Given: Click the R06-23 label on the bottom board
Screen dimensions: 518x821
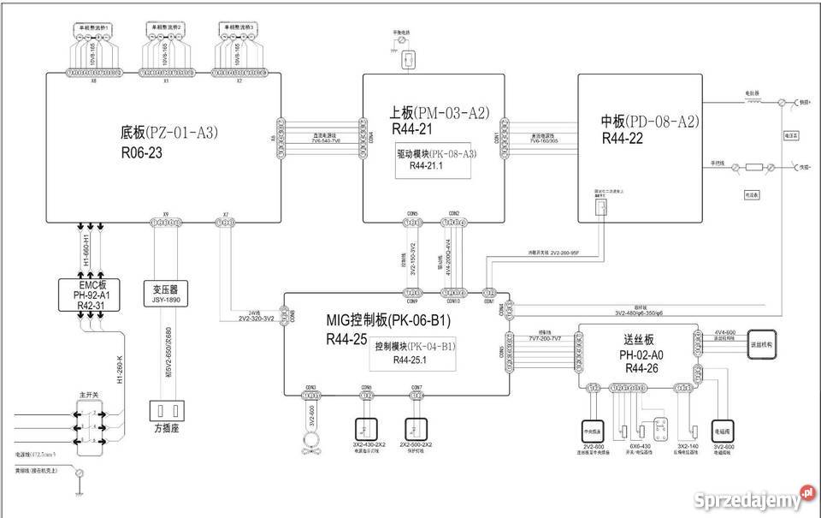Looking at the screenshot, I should (142, 154).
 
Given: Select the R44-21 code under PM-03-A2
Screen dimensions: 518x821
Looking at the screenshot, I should (412, 130).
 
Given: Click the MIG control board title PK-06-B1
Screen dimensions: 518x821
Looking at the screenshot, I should (388, 320).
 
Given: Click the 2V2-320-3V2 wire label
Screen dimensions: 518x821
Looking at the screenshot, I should (256, 319).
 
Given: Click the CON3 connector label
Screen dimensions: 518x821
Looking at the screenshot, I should (310, 388).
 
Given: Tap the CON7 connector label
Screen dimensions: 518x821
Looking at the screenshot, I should (416, 388).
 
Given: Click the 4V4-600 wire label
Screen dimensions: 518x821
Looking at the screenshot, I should (724, 331).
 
